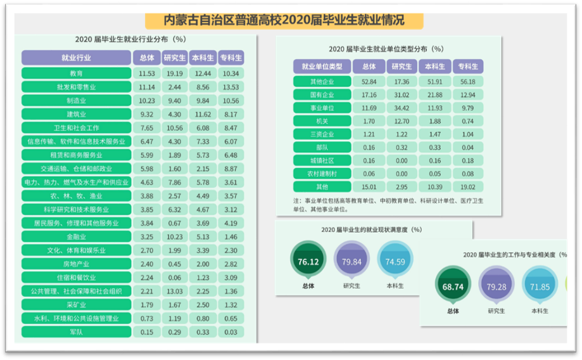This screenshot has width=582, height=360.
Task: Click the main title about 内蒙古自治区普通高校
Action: click(284, 20)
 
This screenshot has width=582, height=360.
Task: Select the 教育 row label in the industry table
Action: click(76, 74)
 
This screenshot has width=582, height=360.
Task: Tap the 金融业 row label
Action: click(76, 236)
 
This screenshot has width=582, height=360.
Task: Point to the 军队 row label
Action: click(76, 331)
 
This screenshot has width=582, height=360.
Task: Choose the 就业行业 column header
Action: click(76, 58)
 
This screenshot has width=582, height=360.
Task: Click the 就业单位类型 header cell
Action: click(322, 67)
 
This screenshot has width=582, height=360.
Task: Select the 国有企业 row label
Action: click(322, 94)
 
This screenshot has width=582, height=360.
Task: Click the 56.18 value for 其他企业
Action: click(468, 82)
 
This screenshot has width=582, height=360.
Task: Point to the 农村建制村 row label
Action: click(322, 173)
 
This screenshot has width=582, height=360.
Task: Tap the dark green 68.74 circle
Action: click(453, 286)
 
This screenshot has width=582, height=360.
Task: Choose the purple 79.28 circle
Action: click(497, 286)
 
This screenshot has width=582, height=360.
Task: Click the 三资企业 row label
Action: click(322, 134)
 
